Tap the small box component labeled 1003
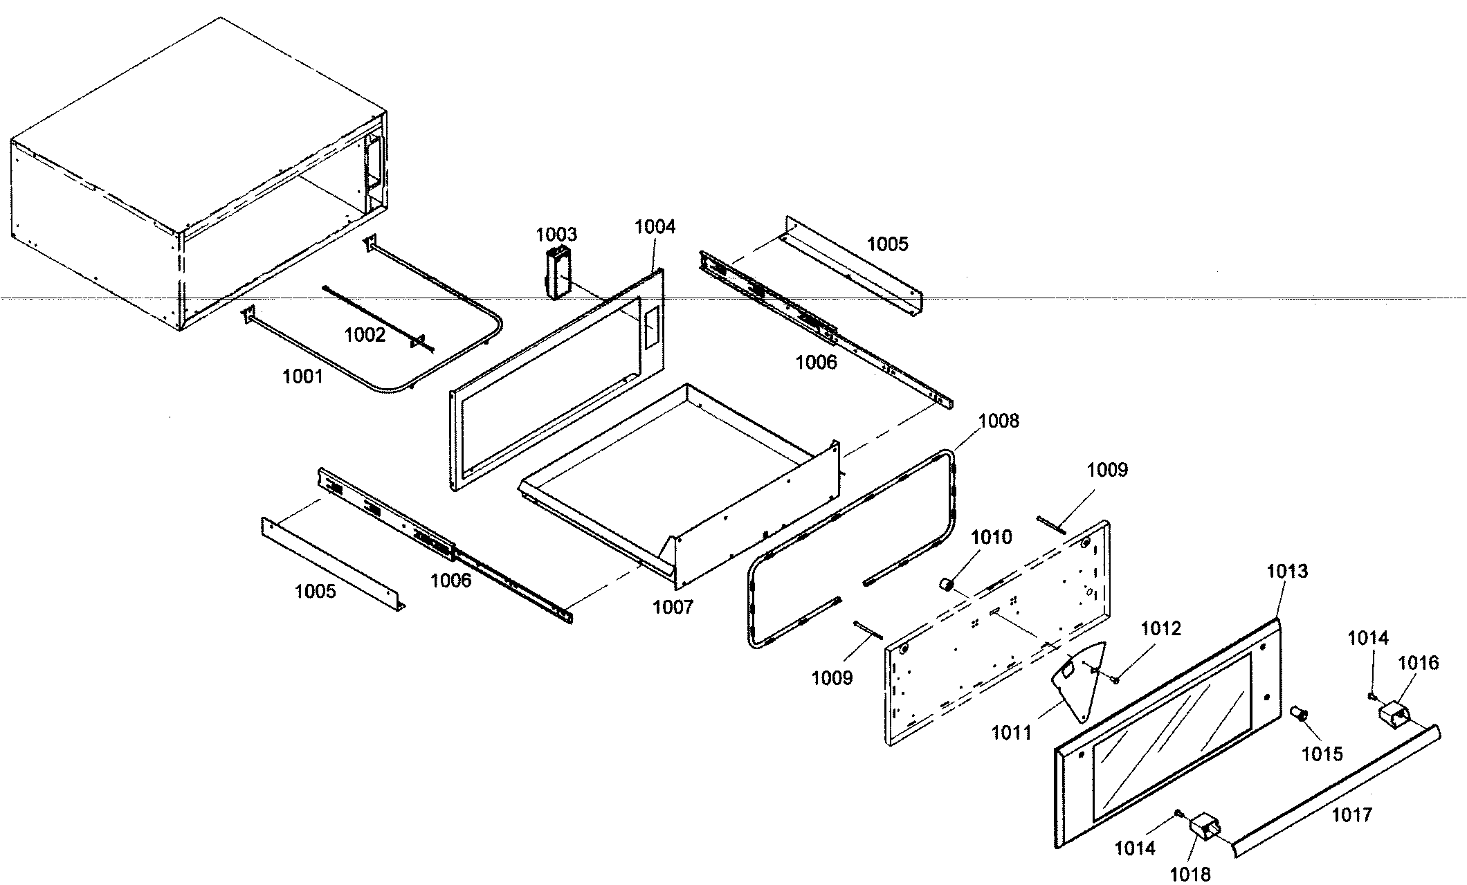coord(558,274)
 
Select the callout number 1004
coord(655,226)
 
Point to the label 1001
coord(302,376)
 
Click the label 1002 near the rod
coord(365,335)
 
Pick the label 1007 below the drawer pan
coord(673,607)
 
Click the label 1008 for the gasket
coord(999,421)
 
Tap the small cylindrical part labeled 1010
coord(946,585)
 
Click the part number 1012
coord(1160,628)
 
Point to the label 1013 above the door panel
coord(1287,571)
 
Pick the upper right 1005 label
coord(888,244)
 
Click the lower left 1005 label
coord(315,591)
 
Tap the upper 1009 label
coord(1107,470)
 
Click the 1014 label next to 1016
coord(1368,637)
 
